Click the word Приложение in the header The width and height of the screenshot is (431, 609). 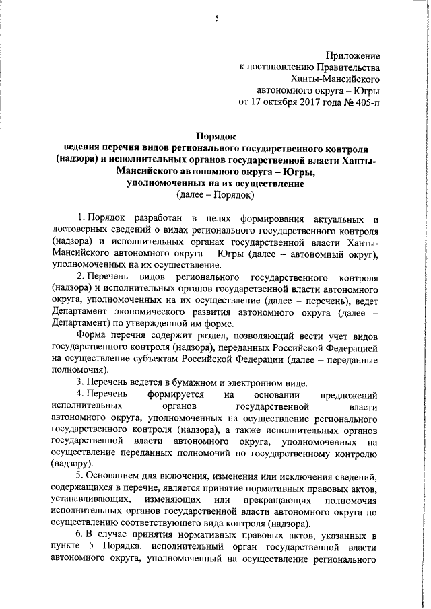click(353, 55)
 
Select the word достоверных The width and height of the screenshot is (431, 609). click(78, 232)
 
